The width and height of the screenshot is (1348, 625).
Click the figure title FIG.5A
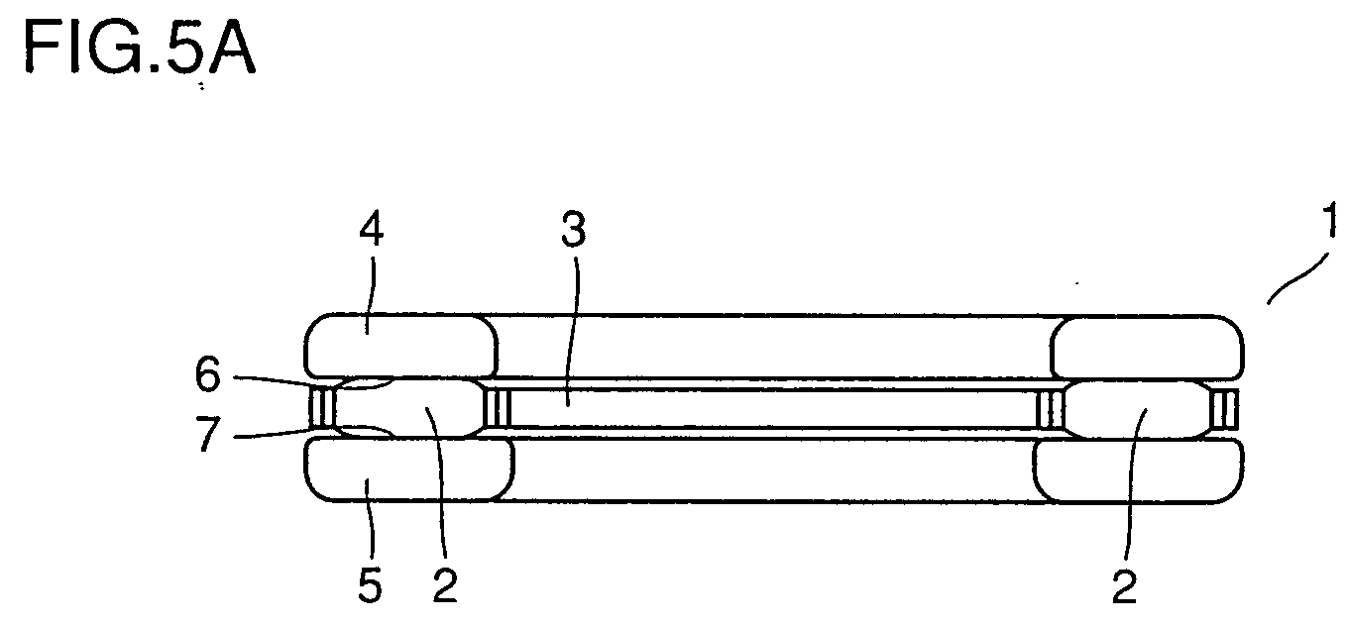140,46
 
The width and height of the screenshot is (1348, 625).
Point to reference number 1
1330,220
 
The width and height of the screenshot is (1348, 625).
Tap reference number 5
370,585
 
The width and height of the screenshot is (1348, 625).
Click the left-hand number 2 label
445,585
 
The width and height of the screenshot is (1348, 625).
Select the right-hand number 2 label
1124,586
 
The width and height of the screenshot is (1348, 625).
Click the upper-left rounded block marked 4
400,346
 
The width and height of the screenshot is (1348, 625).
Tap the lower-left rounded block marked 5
409,469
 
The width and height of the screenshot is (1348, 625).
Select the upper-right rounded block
1147,348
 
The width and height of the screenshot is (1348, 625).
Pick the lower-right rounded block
1139,471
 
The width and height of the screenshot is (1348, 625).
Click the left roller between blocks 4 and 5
409,408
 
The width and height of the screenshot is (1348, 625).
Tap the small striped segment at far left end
321,408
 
